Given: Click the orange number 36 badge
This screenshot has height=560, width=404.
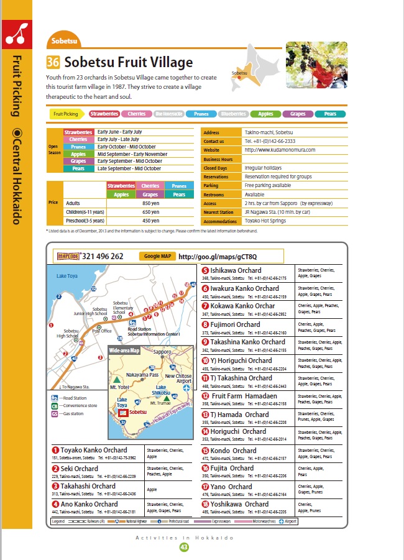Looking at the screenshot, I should pyautogui.click(x=53, y=62).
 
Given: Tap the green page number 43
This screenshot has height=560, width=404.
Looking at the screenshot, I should pyautogui.click(x=183, y=547).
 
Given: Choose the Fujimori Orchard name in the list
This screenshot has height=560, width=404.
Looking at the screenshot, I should pyautogui.click(x=235, y=324).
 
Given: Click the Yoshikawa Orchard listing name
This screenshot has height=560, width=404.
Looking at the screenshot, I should pyautogui.click(x=239, y=504).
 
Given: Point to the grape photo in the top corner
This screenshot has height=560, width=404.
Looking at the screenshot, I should pyautogui.click(x=316, y=65).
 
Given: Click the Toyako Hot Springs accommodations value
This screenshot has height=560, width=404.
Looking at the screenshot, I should pyautogui.click(x=266, y=220).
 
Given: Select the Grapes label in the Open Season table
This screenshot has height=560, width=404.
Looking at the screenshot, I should pyautogui.click(x=78, y=162).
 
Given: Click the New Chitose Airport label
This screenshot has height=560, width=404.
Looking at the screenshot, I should pyautogui.click(x=178, y=379).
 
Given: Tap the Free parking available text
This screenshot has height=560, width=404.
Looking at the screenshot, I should pyautogui.click(x=268, y=185).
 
